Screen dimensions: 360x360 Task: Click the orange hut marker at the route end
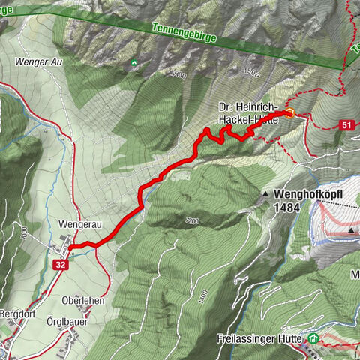(x=289, y=113)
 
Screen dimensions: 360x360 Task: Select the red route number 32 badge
(x=61, y=264)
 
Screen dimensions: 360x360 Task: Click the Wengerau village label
(x=78, y=224)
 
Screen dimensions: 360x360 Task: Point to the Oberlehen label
(x=83, y=300)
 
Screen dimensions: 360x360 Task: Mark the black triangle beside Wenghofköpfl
(x=265, y=194)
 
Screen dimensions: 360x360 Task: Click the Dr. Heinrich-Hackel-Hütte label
(x=249, y=113)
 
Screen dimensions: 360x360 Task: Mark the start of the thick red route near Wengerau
(x=72, y=245)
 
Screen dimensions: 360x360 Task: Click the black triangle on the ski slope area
(x=351, y=231)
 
